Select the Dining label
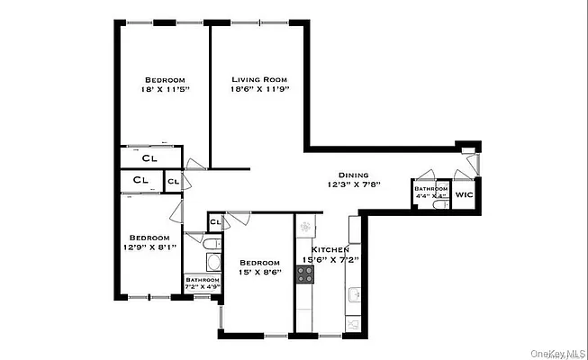(x=354, y=175)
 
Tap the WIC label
(x=464, y=193)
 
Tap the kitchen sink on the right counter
(x=353, y=292)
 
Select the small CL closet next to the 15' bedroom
(x=215, y=221)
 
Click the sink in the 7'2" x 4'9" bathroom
(x=213, y=264)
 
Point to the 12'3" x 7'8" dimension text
(x=354, y=185)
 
